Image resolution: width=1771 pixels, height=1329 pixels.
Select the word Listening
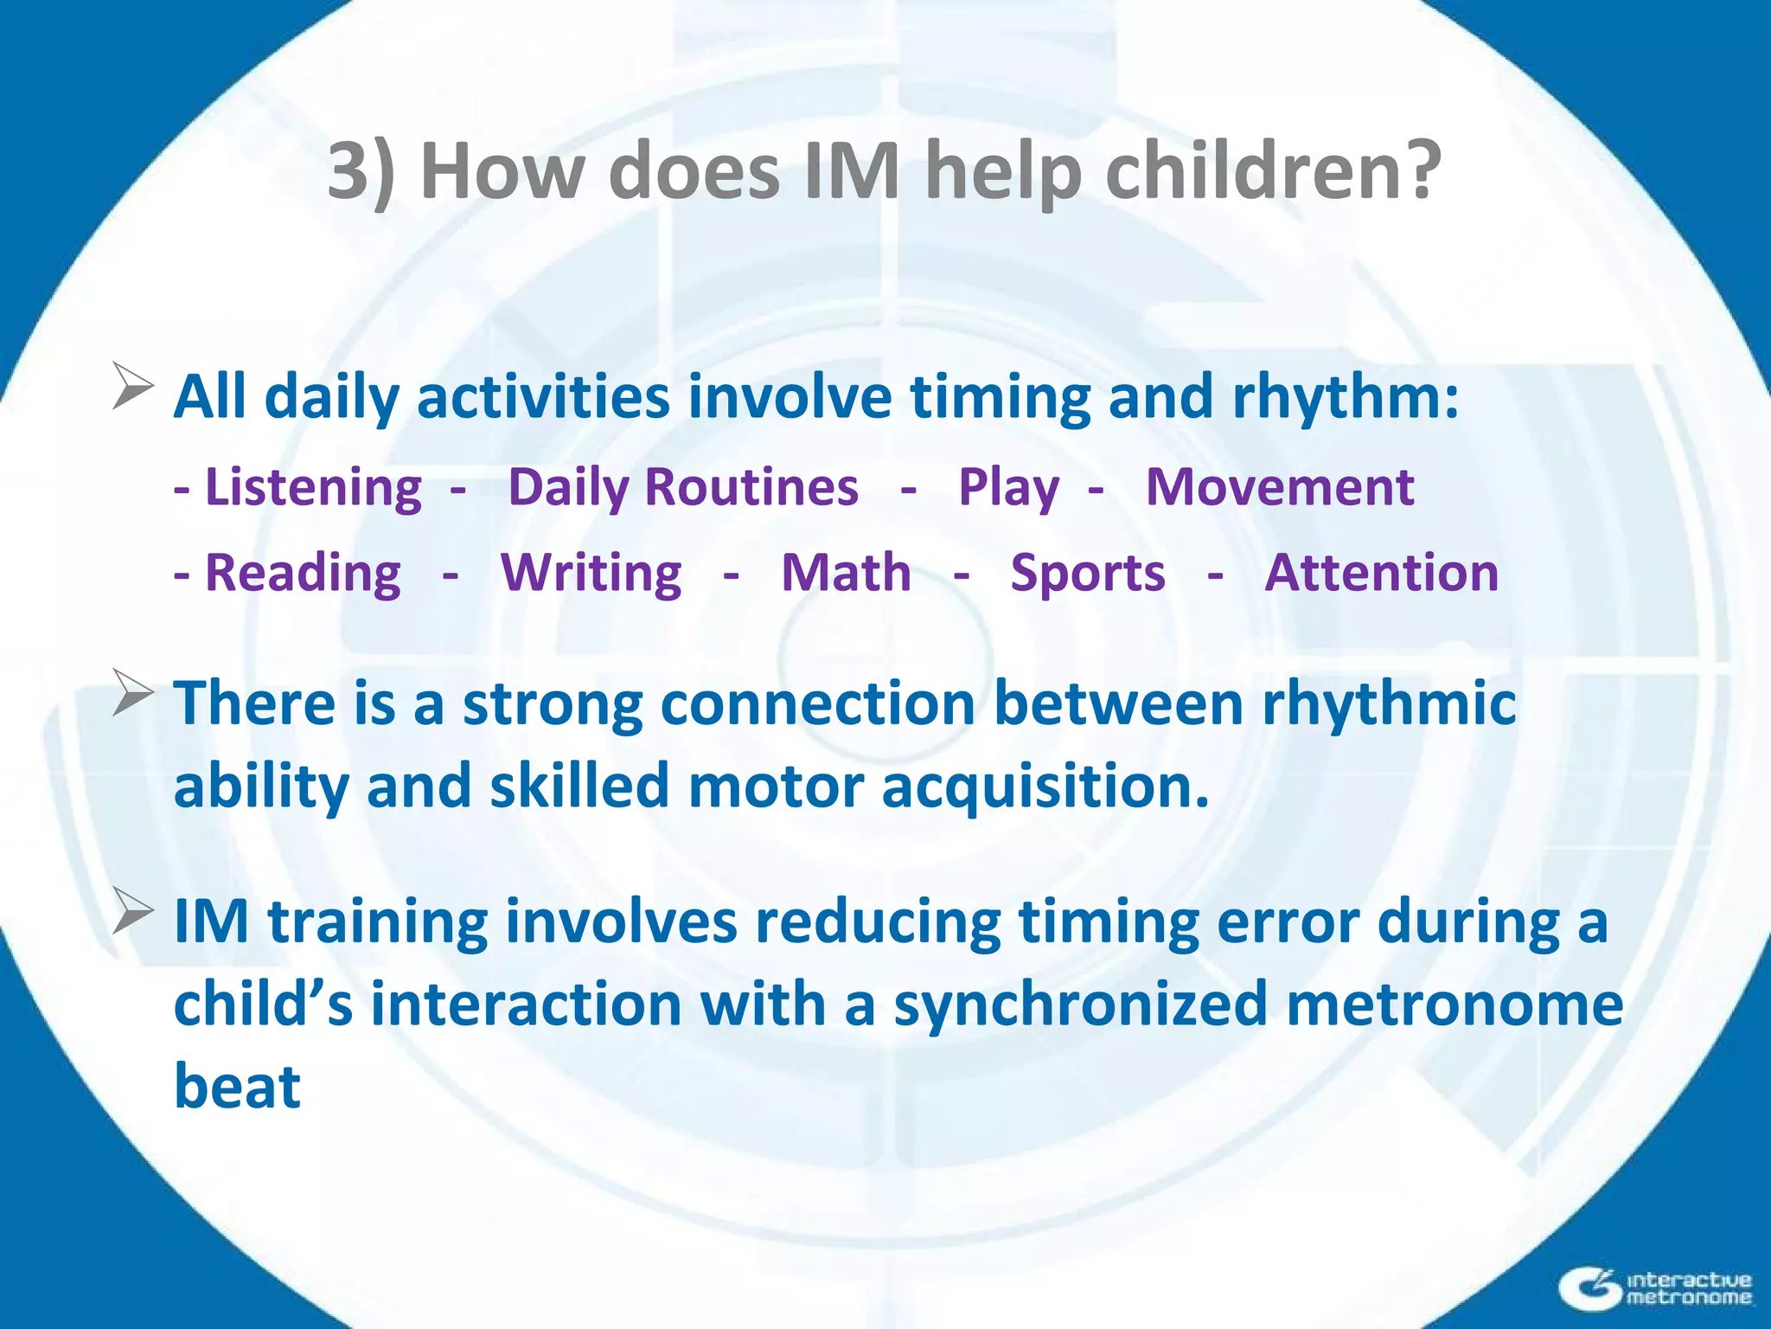tap(313, 487)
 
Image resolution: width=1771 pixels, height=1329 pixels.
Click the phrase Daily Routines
tap(683, 487)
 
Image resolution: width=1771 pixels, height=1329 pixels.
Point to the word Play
tap(1008, 487)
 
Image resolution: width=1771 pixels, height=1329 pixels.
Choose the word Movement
tap(1280, 487)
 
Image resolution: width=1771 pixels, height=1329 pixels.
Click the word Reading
tap(303, 574)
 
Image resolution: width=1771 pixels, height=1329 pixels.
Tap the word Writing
tap(591, 574)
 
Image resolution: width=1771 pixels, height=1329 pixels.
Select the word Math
tap(846, 574)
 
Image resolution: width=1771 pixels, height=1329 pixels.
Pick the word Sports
tap(1088, 574)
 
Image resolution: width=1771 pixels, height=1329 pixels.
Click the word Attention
tap(1381, 574)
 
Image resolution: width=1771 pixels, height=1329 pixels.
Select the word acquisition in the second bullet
tap(1045, 787)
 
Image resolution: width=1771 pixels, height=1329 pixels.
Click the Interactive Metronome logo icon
tap(1589, 1288)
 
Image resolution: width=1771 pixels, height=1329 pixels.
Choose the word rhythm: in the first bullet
tap(1345, 398)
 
